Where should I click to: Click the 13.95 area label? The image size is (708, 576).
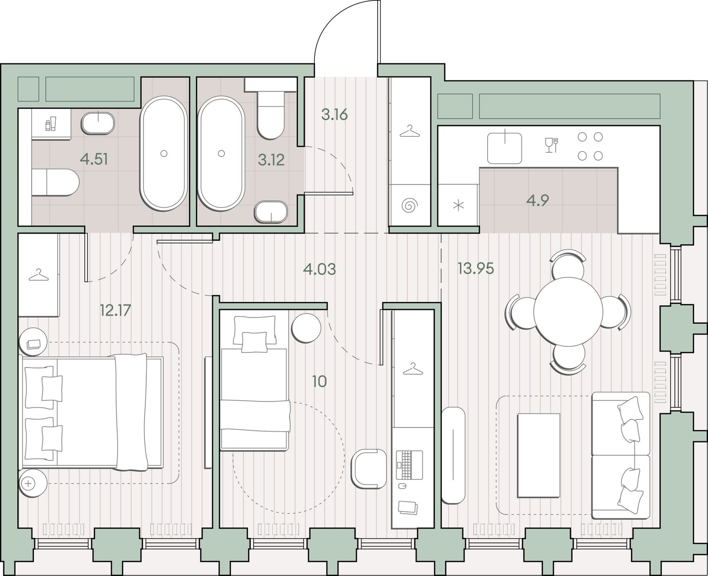click(476, 268)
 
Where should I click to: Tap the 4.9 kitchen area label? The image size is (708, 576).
click(538, 200)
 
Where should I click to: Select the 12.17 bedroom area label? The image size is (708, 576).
click(115, 310)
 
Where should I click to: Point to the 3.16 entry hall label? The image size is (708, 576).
click(334, 115)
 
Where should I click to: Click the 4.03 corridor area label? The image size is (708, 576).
click(320, 269)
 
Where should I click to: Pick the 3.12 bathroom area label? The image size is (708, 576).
click(271, 160)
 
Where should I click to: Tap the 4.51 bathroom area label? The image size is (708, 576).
click(94, 160)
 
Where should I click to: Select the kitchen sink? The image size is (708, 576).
click(504, 148)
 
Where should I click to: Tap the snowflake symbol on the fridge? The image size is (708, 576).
click(458, 206)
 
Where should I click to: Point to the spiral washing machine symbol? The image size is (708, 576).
click(410, 206)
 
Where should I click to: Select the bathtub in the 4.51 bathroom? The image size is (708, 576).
click(163, 153)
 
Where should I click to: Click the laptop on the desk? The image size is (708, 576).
click(410, 465)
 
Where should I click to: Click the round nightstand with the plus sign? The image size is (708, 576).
click(33, 484)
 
